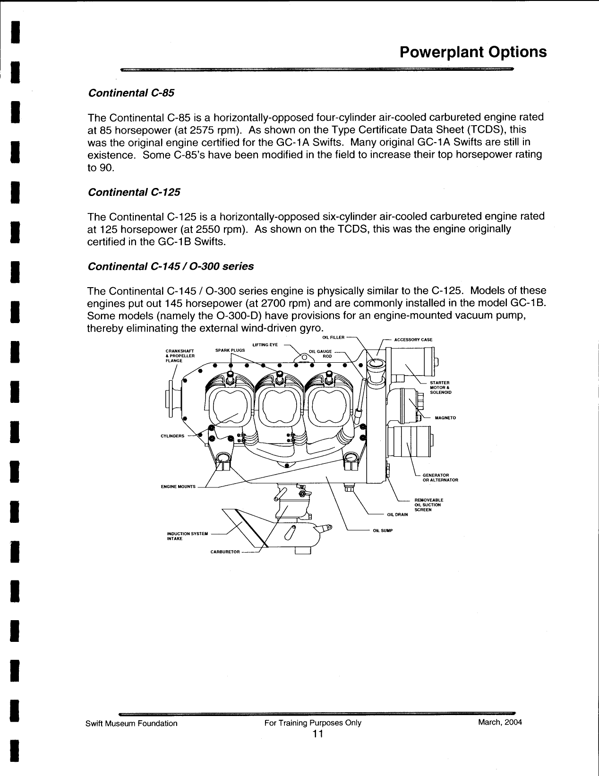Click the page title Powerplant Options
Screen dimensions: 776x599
coord(473,52)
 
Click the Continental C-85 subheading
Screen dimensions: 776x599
coord(131,93)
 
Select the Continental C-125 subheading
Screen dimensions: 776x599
coord(134,192)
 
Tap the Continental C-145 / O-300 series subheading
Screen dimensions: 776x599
coord(171,266)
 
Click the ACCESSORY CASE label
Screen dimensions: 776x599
coord(413,340)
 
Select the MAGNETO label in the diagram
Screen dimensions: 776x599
coord(445,418)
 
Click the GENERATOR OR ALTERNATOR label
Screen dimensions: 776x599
coord(440,478)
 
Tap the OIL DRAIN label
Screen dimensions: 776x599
coord(397,514)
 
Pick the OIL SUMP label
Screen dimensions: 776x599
coord(383,530)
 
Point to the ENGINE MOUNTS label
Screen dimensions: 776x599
coord(178,486)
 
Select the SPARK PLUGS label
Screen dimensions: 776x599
coord(230,350)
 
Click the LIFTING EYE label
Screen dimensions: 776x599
coord(265,345)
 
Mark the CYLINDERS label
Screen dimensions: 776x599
coord(172,436)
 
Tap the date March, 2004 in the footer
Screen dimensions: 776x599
coord(500,722)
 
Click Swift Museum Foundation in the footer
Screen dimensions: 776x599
coord(131,723)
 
